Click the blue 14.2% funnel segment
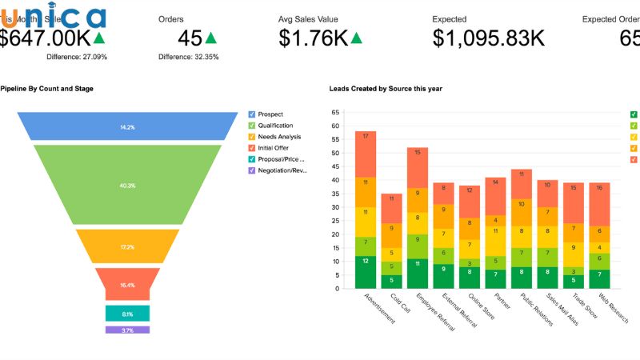127,127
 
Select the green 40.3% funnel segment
127,185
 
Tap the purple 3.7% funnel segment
127,330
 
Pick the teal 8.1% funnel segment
127,314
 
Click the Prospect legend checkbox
253,114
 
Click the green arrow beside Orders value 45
211,38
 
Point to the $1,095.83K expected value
488,38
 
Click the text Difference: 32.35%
188,57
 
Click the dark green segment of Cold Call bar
391,280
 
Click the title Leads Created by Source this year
386,88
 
